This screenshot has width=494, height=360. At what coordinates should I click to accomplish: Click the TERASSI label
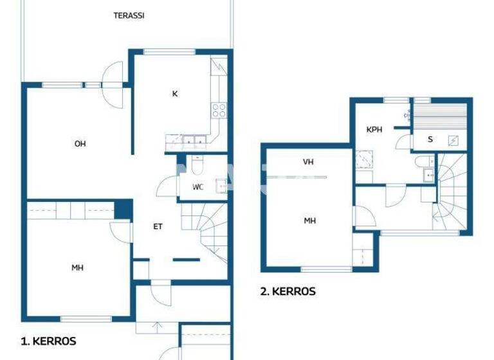(x=129, y=15)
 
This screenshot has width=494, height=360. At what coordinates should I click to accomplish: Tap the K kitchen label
(x=174, y=94)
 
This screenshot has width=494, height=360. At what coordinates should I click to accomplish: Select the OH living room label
(x=80, y=144)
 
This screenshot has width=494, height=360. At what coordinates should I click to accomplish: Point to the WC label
(x=199, y=188)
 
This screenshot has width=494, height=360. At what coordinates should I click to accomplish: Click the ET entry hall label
(x=158, y=226)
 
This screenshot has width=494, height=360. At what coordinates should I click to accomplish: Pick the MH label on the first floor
(x=77, y=268)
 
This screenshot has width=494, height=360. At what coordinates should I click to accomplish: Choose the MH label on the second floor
(x=309, y=221)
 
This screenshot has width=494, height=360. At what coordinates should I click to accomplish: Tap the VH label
(x=308, y=162)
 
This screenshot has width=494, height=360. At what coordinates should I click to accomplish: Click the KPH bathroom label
(x=374, y=130)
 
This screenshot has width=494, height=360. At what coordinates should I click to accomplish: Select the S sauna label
(x=430, y=139)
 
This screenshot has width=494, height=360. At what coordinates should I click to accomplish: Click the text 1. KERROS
(x=49, y=341)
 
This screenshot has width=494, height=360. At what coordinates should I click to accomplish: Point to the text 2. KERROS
(x=288, y=291)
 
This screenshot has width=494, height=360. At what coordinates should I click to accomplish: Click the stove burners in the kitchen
(x=219, y=109)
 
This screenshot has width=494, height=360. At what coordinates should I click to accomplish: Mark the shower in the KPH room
(x=364, y=160)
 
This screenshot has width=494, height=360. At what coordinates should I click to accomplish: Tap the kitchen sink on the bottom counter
(x=192, y=140)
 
